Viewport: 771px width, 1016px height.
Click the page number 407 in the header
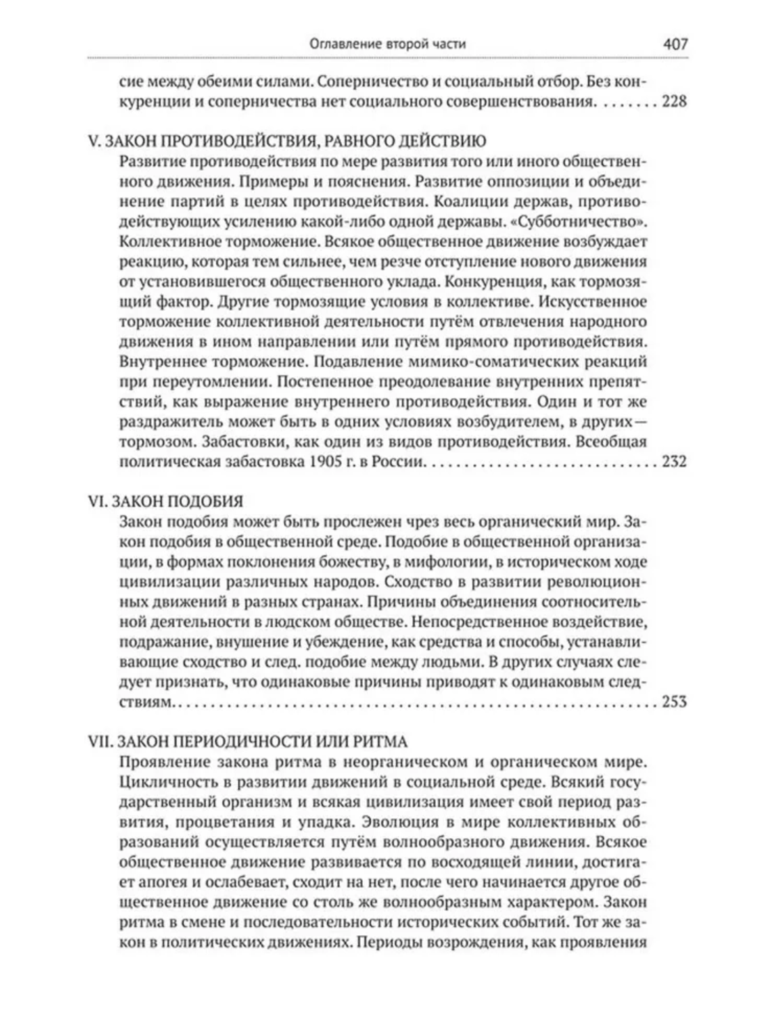[676, 44]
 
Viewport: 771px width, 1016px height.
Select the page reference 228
[674, 102]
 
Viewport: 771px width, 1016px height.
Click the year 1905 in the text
[318, 461]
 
